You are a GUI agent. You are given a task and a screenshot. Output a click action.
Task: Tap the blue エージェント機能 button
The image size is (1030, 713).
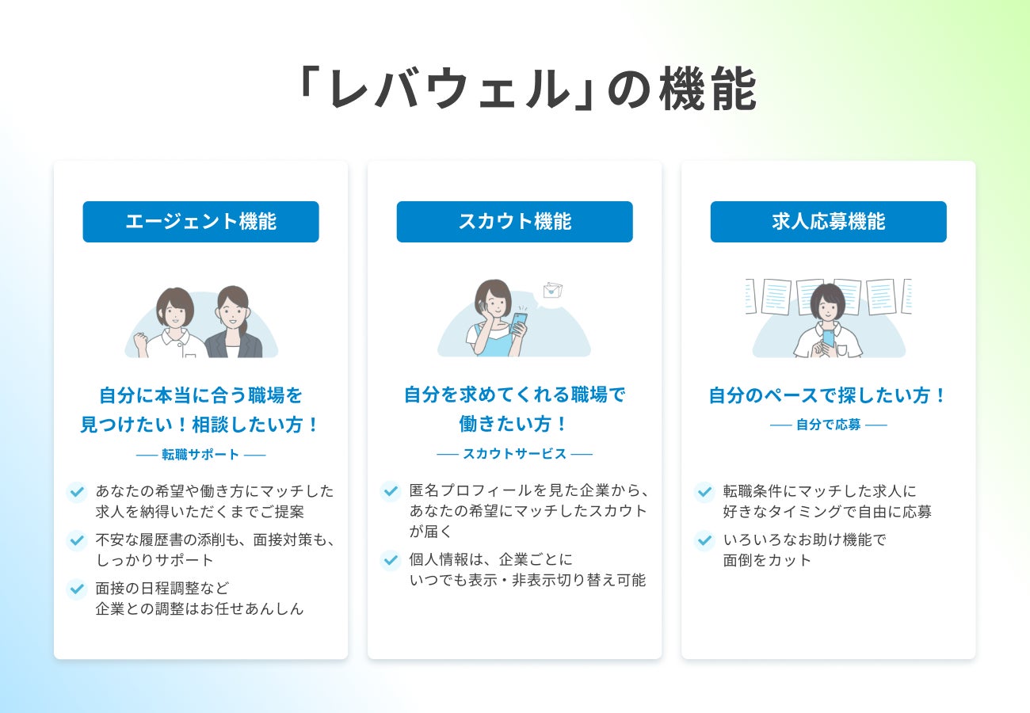point(200,222)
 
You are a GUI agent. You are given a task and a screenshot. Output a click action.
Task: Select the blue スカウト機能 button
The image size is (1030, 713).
point(514,222)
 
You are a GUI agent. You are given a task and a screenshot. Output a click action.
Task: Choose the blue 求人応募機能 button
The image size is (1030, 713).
point(828,222)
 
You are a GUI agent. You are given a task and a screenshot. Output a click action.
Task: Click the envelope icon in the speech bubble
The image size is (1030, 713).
point(551,290)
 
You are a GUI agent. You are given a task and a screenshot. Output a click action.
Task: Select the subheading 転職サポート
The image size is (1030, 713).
point(200,455)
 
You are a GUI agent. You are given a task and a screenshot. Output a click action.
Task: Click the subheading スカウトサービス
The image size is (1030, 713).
point(514,454)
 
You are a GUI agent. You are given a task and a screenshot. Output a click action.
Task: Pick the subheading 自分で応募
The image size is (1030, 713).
point(828,425)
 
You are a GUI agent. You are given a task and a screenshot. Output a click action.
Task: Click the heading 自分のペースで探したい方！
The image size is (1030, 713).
point(828,395)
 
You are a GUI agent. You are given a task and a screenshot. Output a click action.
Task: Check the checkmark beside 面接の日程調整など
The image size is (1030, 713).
point(76,589)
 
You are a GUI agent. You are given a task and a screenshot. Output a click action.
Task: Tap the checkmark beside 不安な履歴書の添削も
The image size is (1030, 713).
point(76,541)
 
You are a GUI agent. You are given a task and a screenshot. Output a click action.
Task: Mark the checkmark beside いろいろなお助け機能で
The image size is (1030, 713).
point(704,541)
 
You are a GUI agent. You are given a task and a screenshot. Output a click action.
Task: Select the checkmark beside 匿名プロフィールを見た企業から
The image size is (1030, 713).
point(390,492)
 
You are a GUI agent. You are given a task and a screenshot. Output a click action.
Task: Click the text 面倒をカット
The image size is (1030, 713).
point(767,560)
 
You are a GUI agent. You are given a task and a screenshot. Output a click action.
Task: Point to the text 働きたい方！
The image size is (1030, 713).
point(514,424)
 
